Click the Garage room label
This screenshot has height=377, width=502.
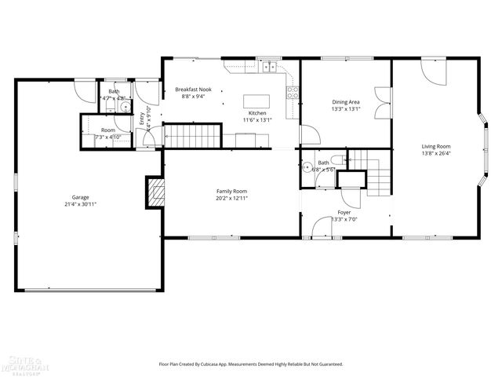coord(80,197)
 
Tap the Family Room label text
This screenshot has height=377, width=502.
coord(232,191)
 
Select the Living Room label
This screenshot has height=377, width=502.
coord(436,146)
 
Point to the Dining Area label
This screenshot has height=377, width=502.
coord(346,102)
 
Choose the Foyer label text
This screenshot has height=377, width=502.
coord(344,213)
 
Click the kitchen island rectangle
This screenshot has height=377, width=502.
coord(256,101)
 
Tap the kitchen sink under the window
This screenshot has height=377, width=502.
coord(271,68)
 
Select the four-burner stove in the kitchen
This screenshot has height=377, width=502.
coord(293,90)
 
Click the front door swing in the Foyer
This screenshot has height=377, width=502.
coord(322,229)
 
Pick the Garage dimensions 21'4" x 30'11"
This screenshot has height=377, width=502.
coord(80,204)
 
